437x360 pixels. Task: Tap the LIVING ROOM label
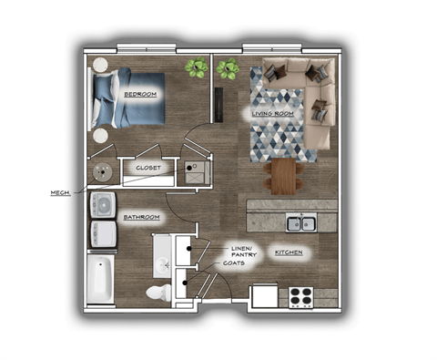271,112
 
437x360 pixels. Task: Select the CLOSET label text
148,168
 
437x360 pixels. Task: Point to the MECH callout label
59,192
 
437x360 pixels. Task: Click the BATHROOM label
142,217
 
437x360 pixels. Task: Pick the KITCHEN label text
289,251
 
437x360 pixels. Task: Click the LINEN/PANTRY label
241,249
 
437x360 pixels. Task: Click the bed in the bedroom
127,100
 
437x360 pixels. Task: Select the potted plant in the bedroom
195,67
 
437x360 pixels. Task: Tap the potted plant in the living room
228,68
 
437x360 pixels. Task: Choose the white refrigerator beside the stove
264,296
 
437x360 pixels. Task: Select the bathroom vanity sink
164,260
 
